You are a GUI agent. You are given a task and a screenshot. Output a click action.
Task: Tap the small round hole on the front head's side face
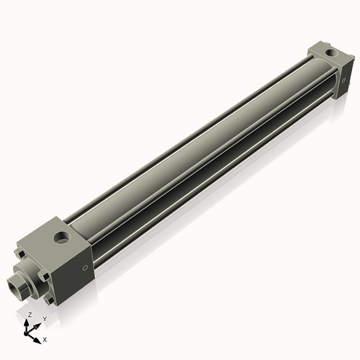pyautogui.click(x=84, y=268)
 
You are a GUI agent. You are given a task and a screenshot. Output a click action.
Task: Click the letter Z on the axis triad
pyautogui.click(x=29, y=315)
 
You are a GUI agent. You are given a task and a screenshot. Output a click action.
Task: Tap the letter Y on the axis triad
pyautogui.click(x=44, y=318)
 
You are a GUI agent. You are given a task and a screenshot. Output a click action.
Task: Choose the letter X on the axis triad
pyautogui.click(x=45, y=338)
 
